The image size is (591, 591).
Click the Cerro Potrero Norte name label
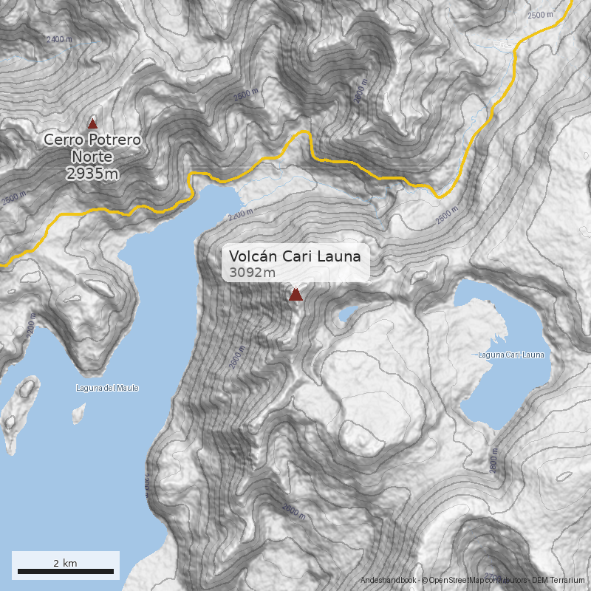click(x=92, y=148)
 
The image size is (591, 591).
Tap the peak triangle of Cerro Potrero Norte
click(x=92, y=123)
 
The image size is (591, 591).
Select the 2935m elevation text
click(x=92, y=174)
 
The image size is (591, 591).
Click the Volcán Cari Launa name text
click(x=295, y=256)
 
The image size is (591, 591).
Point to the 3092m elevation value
click(x=253, y=273)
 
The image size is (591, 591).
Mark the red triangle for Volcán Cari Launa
click(x=295, y=295)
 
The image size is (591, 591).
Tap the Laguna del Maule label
click(x=107, y=388)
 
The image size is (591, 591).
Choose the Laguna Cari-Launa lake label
click(x=511, y=355)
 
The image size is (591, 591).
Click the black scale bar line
click(x=65, y=572)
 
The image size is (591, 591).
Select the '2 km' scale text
click(x=65, y=563)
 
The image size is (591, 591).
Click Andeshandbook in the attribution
click(x=389, y=581)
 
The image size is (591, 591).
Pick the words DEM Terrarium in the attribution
click(x=559, y=581)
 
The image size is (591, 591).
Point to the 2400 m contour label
click(x=59, y=39)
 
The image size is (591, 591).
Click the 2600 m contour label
click(x=293, y=510)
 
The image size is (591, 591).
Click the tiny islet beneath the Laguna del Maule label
click(x=76, y=415)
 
